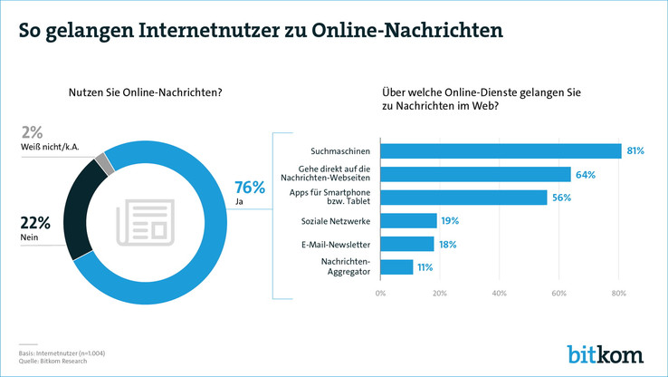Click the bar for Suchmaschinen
[x=501, y=150]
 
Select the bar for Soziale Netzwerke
[x=408, y=220]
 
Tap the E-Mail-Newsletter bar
[x=407, y=244]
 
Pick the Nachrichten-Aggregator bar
[x=396, y=267]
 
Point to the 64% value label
[x=586, y=174]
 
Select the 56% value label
[x=562, y=198]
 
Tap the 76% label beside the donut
[x=250, y=188]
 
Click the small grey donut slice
[x=105, y=163]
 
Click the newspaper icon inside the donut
[x=141, y=223]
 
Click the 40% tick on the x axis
[x=499, y=293]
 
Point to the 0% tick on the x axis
[x=380, y=293]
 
